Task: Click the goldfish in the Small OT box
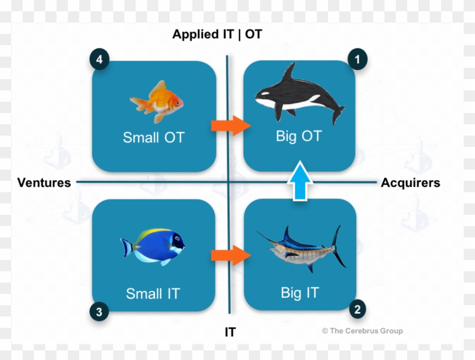point(157,102)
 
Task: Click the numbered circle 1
point(357,58)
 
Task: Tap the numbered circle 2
point(357,309)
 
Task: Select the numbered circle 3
point(99,311)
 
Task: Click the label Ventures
point(44,183)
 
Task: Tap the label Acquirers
point(411,183)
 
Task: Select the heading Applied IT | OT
point(217,34)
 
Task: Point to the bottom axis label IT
point(230,332)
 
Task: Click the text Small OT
point(153,137)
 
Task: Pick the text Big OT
point(297,136)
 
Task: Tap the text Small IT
point(153,294)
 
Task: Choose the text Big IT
point(300,293)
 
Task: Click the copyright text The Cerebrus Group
point(362,331)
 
